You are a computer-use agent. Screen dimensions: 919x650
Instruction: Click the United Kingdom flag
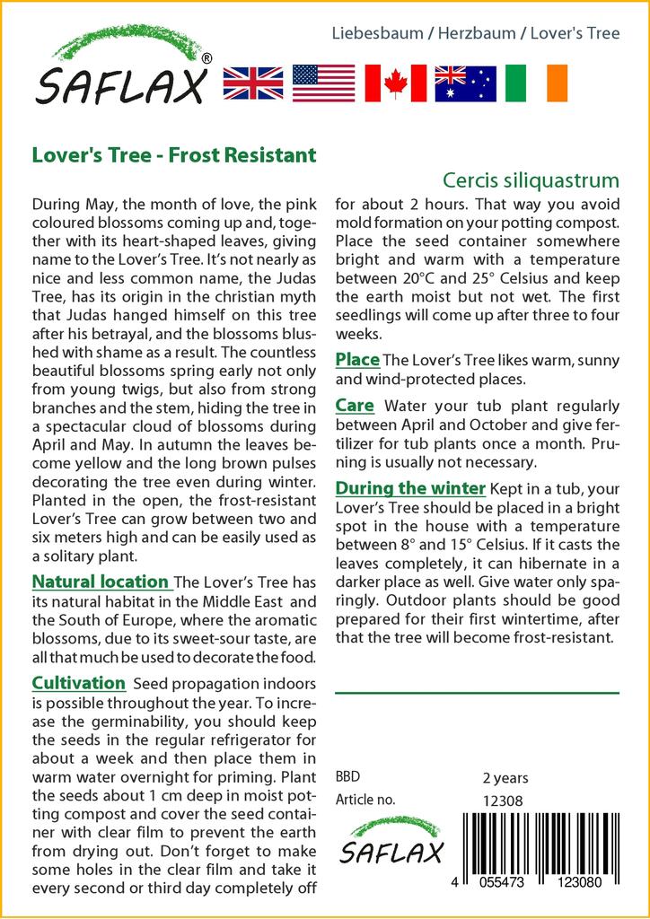(x=252, y=83)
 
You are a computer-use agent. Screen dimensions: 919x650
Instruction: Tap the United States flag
(x=324, y=83)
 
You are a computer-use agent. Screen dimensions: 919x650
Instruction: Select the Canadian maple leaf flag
(x=395, y=83)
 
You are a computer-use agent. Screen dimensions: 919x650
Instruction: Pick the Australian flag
(x=465, y=83)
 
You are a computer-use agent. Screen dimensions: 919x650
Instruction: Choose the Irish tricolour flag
(x=536, y=83)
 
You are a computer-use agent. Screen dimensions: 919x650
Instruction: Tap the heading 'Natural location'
(x=100, y=582)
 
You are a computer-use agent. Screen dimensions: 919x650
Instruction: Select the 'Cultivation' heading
(x=78, y=683)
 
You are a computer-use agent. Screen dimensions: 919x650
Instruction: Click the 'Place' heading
(x=357, y=360)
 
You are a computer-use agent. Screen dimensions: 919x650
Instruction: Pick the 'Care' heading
(x=355, y=406)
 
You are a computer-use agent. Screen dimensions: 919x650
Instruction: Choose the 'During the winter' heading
(x=410, y=488)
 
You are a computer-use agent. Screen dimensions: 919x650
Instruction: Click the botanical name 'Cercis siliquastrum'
(x=531, y=179)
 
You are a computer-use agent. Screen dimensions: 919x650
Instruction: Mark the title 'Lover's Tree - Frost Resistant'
(x=174, y=154)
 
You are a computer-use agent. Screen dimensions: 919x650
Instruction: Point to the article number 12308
(x=503, y=801)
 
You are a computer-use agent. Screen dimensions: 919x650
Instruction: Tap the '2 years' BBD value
(x=505, y=778)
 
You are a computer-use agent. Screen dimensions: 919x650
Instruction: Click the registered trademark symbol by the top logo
(x=207, y=58)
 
